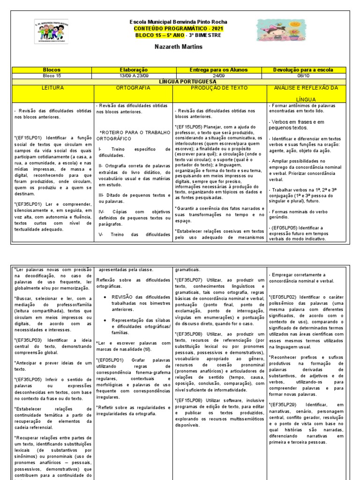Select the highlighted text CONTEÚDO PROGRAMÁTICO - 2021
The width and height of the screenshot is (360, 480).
pyautogui.click(x=179, y=29)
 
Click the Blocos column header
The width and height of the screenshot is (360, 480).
pyautogui.click(x=52, y=69)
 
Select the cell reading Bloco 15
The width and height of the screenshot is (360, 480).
pyautogui.click(x=52, y=75)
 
